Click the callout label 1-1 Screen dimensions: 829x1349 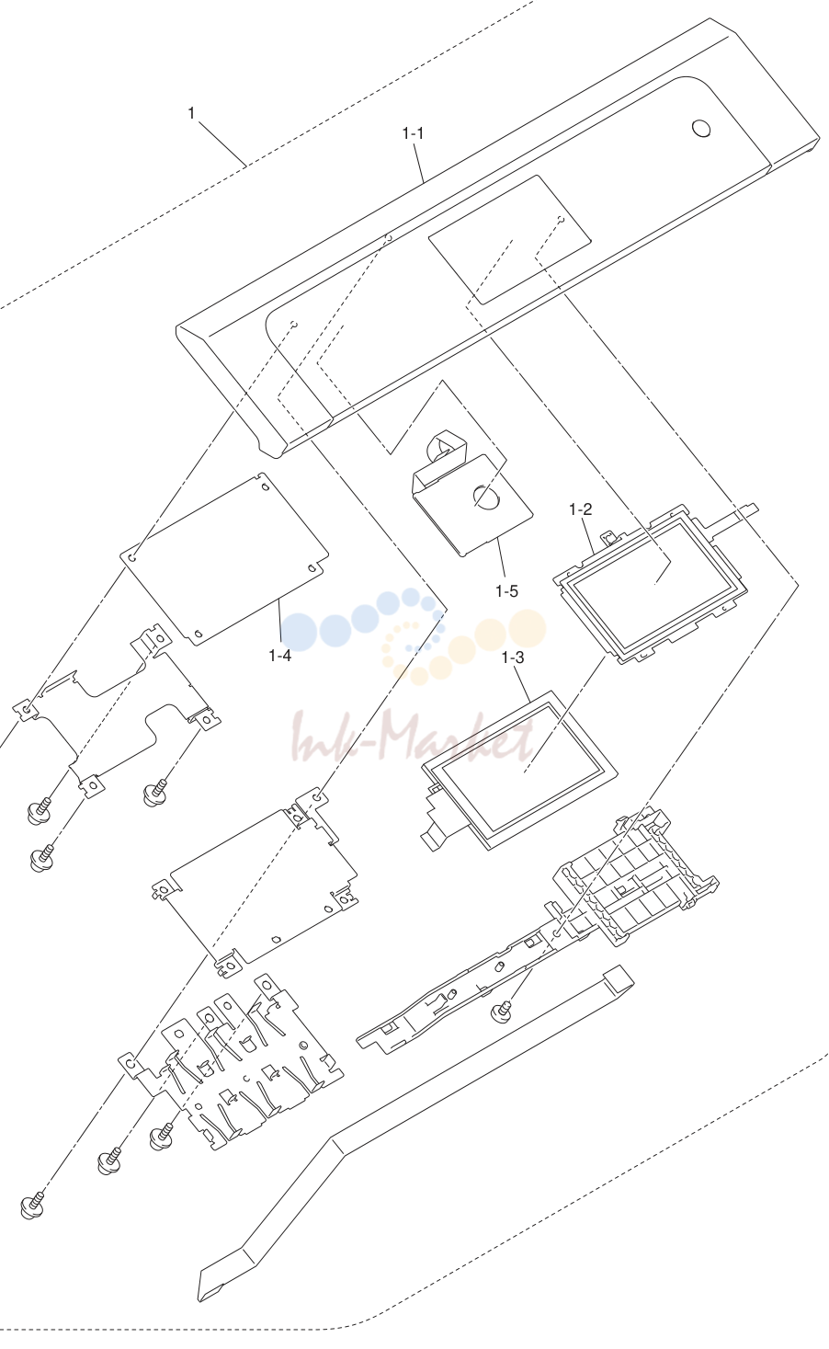(413, 133)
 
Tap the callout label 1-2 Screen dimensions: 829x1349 (580, 509)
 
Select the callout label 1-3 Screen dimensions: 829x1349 (513, 657)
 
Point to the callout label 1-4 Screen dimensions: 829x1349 (280, 656)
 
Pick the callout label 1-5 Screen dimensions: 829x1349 (507, 591)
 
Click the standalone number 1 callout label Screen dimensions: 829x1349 (191, 113)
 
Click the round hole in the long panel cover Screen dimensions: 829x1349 (701, 128)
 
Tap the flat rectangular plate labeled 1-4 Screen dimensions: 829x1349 (226, 558)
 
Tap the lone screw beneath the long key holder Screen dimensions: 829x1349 (502, 1010)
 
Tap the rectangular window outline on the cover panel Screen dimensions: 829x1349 (510, 240)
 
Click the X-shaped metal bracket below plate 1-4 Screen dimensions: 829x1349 (118, 711)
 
